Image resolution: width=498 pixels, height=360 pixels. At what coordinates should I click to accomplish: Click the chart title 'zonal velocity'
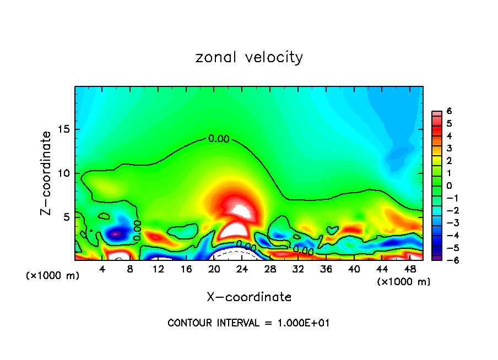click(x=249, y=57)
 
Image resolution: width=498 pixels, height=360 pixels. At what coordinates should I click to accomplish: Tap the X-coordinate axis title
click(x=249, y=297)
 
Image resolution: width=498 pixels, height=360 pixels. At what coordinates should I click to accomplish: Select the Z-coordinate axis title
click(x=47, y=173)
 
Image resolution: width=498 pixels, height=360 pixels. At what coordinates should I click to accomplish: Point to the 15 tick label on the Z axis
click(x=64, y=130)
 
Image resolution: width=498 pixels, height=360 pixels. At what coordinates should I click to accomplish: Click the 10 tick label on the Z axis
click(x=64, y=173)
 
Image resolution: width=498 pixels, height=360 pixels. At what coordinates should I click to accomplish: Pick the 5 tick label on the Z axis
click(x=67, y=217)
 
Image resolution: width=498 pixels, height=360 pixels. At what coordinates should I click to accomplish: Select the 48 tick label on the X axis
click(x=409, y=269)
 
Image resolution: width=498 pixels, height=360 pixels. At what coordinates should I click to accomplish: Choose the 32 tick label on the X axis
click(x=298, y=269)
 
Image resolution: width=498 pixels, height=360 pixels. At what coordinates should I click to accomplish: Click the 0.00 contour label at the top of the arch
click(x=219, y=139)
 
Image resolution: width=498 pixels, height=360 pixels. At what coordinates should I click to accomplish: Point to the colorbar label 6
click(x=450, y=111)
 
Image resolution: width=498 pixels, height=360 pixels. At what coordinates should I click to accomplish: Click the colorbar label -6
click(x=448, y=259)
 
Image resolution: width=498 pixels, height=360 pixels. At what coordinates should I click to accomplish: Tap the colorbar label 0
click(x=450, y=186)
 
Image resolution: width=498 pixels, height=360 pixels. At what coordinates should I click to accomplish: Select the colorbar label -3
click(x=448, y=222)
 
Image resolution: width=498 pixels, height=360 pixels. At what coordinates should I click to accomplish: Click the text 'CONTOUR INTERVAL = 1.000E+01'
click(x=248, y=323)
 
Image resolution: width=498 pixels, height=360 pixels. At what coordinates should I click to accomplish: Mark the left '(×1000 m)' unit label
click(x=53, y=276)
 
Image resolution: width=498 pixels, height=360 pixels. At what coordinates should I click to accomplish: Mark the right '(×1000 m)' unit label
click(x=404, y=282)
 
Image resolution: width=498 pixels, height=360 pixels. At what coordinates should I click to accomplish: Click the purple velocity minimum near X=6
click(x=115, y=234)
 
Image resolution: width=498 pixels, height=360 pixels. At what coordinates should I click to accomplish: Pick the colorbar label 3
click(x=450, y=148)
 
